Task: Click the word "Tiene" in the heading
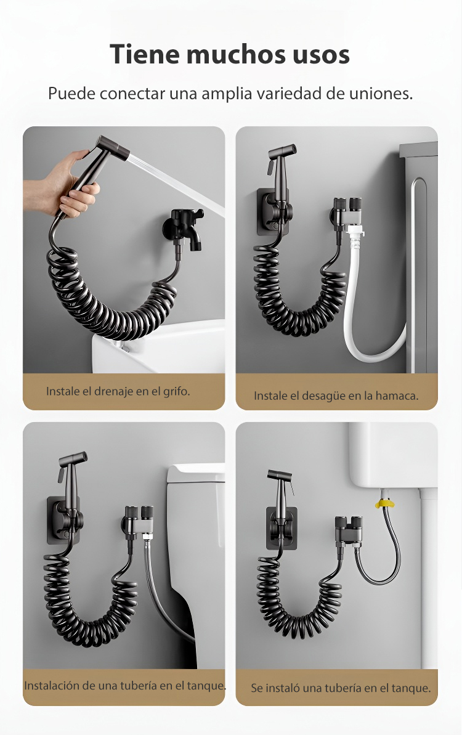coord(145,54)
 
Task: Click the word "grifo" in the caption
coord(175,391)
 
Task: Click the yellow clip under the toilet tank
coord(384,504)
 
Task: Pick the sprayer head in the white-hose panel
coord(281,161)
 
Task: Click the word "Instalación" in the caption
coord(52,685)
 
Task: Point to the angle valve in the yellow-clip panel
coord(349,530)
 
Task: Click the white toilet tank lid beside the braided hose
coord(197,473)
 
